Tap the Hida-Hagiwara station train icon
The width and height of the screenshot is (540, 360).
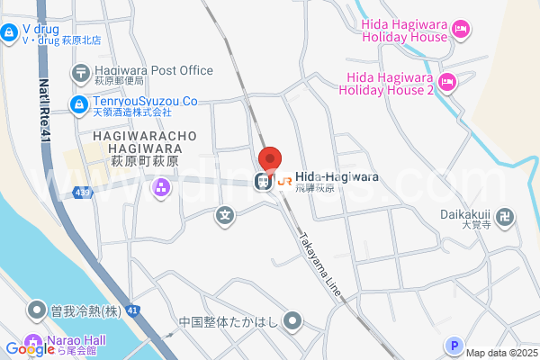tap(264, 181)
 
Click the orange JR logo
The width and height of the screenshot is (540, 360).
tap(284, 181)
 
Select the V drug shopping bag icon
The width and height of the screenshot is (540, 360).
tap(9, 33)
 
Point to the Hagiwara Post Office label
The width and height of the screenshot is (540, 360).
tap(153, 70)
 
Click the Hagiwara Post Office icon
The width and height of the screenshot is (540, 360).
tap(80, 71)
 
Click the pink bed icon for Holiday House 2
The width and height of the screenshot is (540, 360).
tap(448, 83)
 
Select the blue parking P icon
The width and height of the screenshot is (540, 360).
tap(454, 345)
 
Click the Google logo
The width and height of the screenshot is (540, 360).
tap(30, 349)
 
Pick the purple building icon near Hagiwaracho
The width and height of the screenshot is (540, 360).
tap(162, 187)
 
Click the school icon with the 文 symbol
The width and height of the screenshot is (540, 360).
tap(225, 215)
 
